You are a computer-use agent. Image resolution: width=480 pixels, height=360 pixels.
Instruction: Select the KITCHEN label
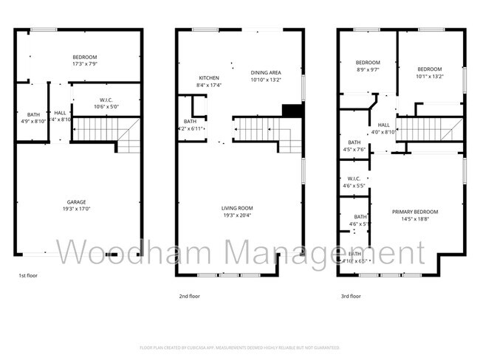click(209, 77)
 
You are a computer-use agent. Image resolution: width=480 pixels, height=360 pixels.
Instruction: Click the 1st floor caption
click(29, 275)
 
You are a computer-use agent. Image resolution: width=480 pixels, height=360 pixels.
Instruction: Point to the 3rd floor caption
click(350, 296)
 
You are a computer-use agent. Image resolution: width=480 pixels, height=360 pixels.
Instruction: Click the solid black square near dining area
click(293, 111)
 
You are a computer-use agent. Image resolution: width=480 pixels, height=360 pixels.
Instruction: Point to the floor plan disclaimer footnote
click(239, 347)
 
